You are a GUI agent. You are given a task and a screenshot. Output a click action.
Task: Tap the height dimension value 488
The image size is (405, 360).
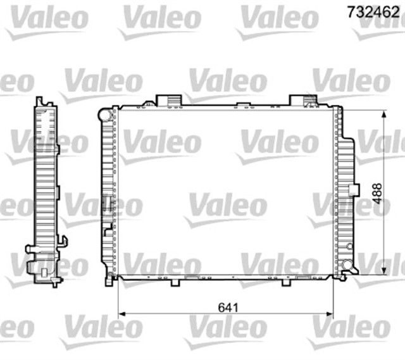377,193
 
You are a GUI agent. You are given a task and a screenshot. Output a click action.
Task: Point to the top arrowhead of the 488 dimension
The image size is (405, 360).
384,115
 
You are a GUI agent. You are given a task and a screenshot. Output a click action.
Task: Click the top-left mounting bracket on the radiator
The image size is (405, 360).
168,99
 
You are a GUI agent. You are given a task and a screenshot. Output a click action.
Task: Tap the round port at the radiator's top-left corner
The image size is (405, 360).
107,115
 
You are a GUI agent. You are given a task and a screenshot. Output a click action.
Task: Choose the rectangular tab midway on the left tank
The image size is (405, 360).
108,204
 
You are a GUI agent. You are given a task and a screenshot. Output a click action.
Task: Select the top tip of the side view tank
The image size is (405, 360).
40,101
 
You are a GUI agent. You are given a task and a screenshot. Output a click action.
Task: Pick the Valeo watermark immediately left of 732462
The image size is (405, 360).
278,19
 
